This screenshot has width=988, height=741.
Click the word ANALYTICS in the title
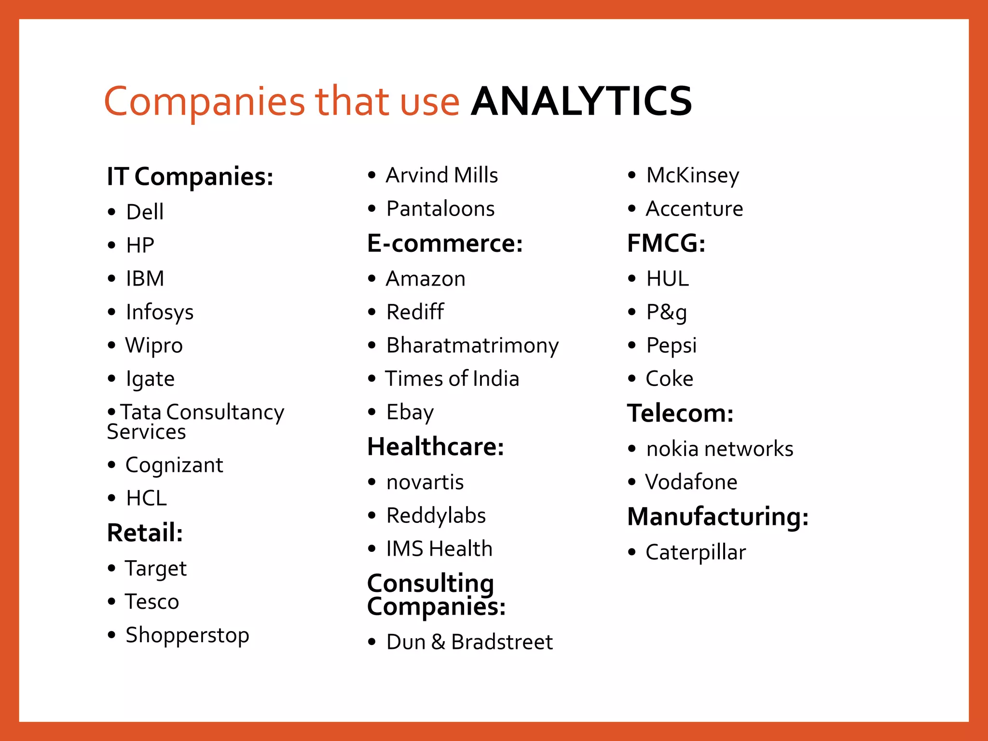(581, 101)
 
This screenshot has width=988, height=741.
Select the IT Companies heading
(190, 177)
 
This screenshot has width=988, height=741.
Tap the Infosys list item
(159, 312)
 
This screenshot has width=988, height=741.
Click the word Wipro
(154, 345)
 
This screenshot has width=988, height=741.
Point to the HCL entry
(146, 498)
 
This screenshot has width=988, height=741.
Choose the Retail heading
(145, 533)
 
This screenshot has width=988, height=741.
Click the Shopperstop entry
(187, 635)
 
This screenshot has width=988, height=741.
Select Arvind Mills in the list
(441, 175)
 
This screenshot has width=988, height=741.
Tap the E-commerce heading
(445, 243)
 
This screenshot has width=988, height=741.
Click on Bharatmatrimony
(472, 345)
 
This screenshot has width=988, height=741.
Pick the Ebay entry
(410, 412)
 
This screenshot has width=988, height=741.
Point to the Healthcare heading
(436, 447)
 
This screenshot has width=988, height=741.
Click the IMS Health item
(439, 549)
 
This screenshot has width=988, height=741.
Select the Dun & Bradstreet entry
(469, 642)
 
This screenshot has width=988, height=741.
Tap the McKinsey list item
(692, 175)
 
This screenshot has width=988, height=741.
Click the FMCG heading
(666, 243)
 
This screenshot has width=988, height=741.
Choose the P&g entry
(666, 312)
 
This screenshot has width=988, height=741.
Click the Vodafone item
(691, 482)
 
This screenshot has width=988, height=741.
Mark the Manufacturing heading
(718, 517)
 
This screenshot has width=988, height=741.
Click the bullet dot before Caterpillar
(632, 552)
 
